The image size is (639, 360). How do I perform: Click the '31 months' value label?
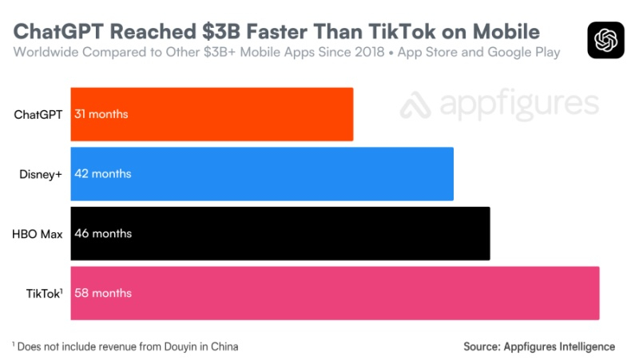click(101, 114)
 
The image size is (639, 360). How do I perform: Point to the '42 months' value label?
click(102, 173)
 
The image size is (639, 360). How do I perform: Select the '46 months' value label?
click(102, 233)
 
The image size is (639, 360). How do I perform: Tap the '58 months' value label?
click(102, 293)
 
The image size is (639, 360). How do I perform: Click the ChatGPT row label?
click(38, 114)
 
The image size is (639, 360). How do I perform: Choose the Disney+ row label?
click(42, 173)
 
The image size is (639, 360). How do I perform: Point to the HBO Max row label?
click(38, 233)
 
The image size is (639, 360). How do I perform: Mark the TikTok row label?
click(43, 293)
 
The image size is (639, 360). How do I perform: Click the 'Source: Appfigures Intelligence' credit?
click(539, 346)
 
